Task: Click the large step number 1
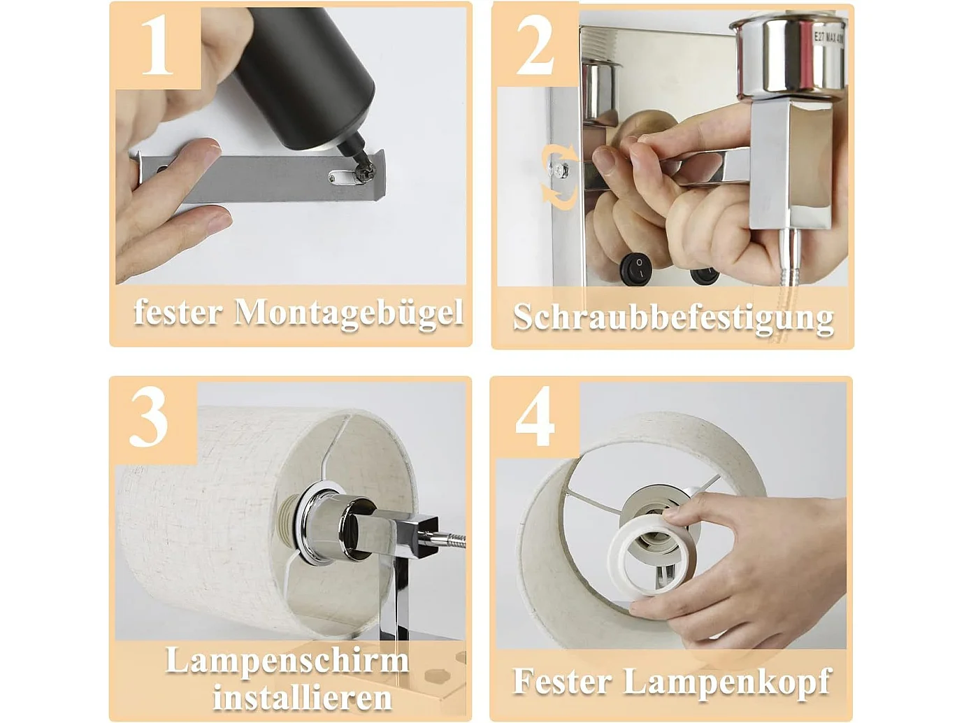(x=157, y=45)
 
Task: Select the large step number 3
(x=148, y=418)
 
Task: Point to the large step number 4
(x=535, y=417)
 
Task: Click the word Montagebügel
(x=348, y=313)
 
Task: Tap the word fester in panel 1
(x=178, y=312)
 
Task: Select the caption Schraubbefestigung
(x=672, y=318)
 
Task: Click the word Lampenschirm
(x=287, y=660)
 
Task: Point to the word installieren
(x=302, y=697)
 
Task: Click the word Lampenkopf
(x=727, y=682)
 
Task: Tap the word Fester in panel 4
(x=562, y=681)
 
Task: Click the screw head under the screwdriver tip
(x=363, y=172)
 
